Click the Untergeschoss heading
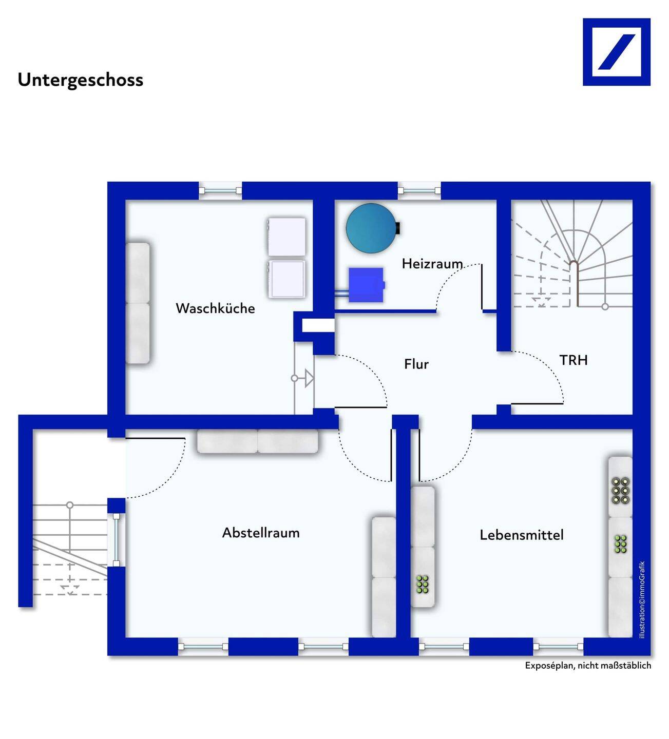[x=81, y=80]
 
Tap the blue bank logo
[x=616, y=52]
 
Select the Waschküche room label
[x=215, y=308]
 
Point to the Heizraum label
[x=432, y=264]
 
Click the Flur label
[x=416, y=364]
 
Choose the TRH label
[x=574, y=360]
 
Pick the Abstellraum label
[x=261, y=533]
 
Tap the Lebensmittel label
[x=522, y=535]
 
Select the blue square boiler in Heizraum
[x=366, y=284]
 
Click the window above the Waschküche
[x=220, y=191]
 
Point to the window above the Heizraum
[x=419, y=191]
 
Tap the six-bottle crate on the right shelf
[x=620, y=490]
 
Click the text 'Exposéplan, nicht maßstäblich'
[x=588, y=666]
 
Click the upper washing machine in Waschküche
[x=286, y=237]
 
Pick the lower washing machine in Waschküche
[x=286, y=279]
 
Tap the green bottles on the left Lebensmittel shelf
[x=422, y=584]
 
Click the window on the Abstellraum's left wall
[x=117, y=539]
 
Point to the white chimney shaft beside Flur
[x=318, y=326]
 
